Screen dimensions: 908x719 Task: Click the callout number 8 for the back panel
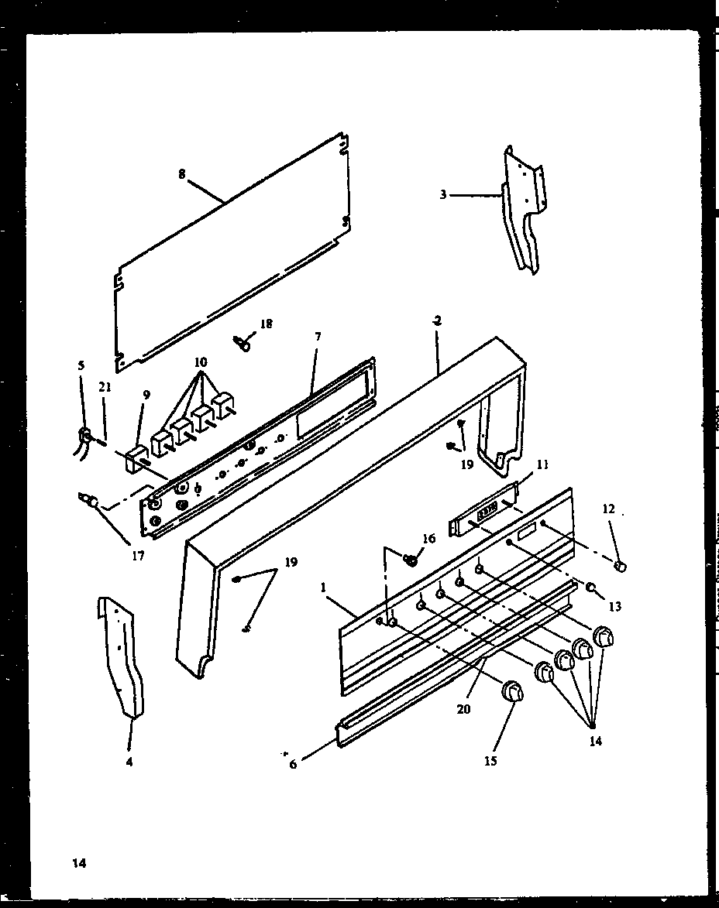[182, 175]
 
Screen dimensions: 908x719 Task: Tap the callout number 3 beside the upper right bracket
[443, 194]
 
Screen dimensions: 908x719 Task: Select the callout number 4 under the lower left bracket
[129, 762]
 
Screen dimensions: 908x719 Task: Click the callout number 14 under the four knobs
[594, 741]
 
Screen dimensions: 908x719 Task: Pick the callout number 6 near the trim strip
[293, 764]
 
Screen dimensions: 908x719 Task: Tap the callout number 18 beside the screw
[266, 324]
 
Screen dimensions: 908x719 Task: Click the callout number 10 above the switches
[201, 362]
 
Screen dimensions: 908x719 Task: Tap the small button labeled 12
[619, 567]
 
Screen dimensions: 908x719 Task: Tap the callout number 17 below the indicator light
[137, 555]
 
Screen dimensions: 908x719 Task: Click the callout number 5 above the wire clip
[82, 365]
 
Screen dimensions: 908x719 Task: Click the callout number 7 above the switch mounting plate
[318, 337]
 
